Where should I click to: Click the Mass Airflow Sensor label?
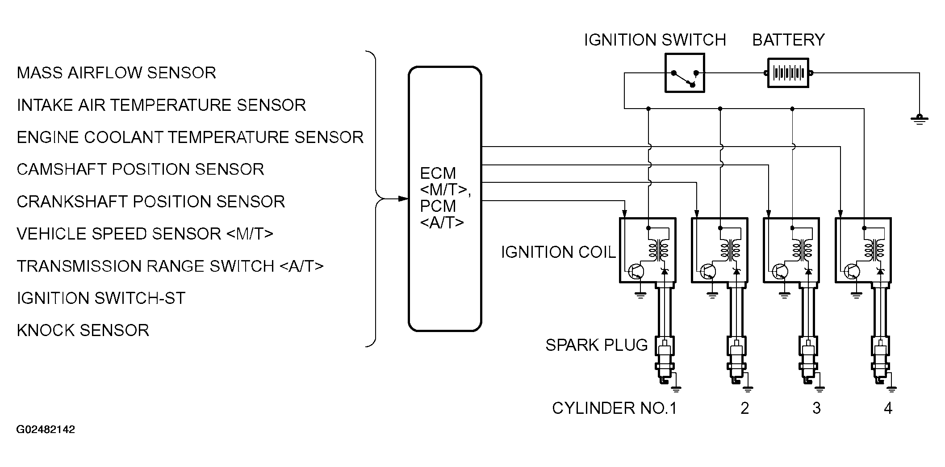(117, 73)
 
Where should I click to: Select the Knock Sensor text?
(83, 330)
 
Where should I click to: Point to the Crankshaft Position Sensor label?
(151, 202)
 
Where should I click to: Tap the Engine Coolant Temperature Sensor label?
(190, 137)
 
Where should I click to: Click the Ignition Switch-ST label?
(101, 298)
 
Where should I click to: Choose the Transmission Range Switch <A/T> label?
(170, 266)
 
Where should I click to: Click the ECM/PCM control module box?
(445, 199)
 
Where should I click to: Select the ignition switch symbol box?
(685, 73)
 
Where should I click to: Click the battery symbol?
(788, 73)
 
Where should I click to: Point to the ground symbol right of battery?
(919, 119)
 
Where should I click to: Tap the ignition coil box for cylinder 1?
(648, 250)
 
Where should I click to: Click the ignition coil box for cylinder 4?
(863, 250)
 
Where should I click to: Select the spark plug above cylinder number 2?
(736, 360)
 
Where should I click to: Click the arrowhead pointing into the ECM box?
(403, 199)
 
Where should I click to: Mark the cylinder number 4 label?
(888, 408)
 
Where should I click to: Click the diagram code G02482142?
(46, 430)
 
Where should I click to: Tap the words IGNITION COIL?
(558, 252)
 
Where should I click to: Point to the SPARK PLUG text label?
(597, 345)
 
